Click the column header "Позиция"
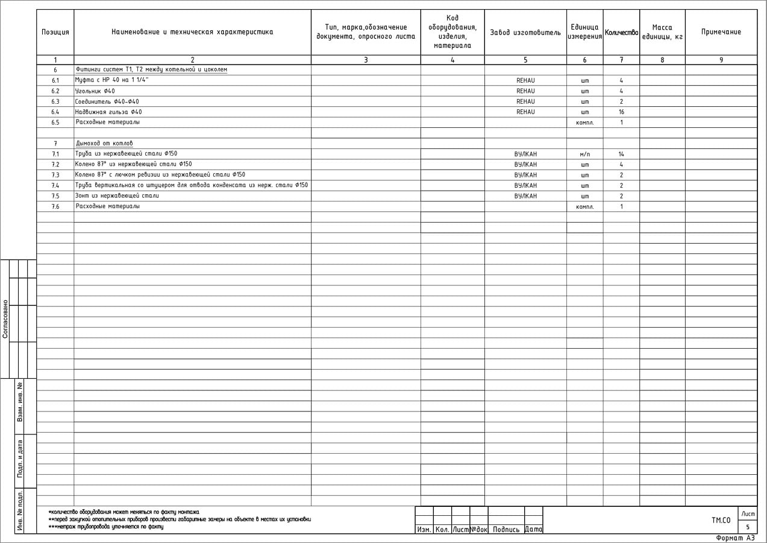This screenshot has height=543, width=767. [55, 32]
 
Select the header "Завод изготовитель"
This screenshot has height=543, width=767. [525, 33]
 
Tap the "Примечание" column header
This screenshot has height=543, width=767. [721, 32]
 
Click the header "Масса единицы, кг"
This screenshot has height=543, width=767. [662, 32]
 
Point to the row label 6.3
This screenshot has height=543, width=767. [55, 101]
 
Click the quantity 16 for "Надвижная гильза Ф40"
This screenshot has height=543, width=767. [621, 112]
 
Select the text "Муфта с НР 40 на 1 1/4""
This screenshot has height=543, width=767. [112, 80]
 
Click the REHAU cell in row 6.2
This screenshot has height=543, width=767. [525, 91]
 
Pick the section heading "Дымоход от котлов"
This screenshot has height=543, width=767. [104, 144]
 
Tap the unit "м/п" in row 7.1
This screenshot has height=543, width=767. [584, 154]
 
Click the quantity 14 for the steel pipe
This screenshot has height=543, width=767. [621, 154]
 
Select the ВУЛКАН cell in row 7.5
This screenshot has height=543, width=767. [525, 196]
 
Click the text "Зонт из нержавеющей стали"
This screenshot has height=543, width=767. [117, 196]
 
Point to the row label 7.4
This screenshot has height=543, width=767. [55, 186]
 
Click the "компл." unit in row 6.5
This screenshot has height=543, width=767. [584, 122]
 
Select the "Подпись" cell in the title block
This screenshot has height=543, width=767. [506, 530]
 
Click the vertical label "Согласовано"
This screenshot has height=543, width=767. [5, 319]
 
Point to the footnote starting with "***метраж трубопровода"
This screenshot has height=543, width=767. [106, 527]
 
